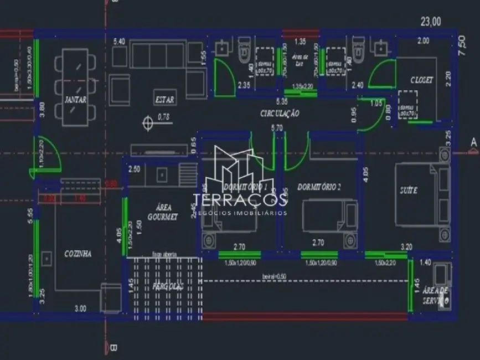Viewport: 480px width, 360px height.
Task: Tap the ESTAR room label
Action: (x=164, y=100)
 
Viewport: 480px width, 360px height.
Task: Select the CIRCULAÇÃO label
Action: (x=280, y=113)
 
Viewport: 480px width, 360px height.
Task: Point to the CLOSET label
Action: (x=421, y=80)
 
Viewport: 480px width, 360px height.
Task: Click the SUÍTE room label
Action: (x=409, y=190)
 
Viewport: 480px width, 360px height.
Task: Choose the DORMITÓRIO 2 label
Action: (x=319, y=187)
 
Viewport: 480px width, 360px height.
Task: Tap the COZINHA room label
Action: (x=78, y=253)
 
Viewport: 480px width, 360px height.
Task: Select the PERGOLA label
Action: (x=168, y=286)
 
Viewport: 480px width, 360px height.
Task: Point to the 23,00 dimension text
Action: (x=431, y=22)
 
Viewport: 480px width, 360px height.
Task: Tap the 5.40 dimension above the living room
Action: (x=119, y=42)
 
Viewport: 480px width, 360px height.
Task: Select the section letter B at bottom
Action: (x=113, y=348)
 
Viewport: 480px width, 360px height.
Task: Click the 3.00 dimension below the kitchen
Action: (x=80, y=308)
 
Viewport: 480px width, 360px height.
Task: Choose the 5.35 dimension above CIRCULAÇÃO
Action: (x=282, y=102)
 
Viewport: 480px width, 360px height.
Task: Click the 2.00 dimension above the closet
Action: (x=423, y=40)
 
